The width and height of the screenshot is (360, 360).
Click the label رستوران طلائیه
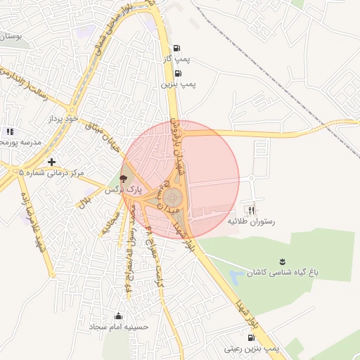pos(252,221)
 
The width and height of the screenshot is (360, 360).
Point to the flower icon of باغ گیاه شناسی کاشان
pos(282,262)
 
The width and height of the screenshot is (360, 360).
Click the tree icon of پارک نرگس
pos(124,179)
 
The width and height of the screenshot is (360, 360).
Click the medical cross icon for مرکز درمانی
pos(51,162)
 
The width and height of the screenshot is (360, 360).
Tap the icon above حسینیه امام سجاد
pos(117,316)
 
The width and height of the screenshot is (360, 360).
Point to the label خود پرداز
pos(60,119)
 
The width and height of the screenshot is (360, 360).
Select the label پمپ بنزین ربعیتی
pos(252,348)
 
